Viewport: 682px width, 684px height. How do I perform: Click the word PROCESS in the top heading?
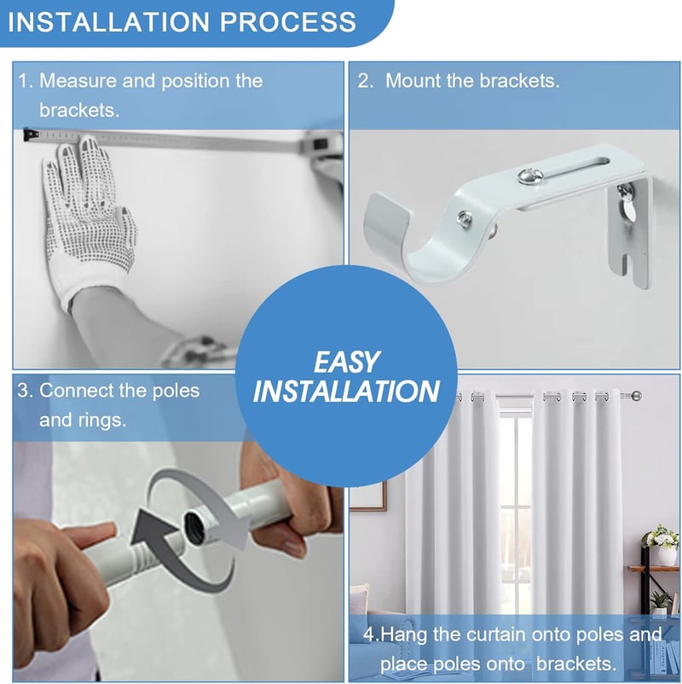coord(288,22)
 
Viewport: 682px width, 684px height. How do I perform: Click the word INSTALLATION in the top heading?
coord(109,22)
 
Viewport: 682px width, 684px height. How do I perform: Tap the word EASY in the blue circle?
coord(346,362)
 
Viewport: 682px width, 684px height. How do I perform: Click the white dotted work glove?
coord(90,218)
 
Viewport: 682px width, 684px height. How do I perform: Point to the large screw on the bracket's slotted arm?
coord(531,176)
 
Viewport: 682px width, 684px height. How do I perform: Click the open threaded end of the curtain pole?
coord(195,525)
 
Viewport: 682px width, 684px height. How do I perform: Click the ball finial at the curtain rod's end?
coord(637,396)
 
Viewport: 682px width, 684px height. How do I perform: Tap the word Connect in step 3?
coord(77,391)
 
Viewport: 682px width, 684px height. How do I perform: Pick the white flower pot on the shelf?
coord(667,555)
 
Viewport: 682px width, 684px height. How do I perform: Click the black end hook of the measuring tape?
coord(29,135)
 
